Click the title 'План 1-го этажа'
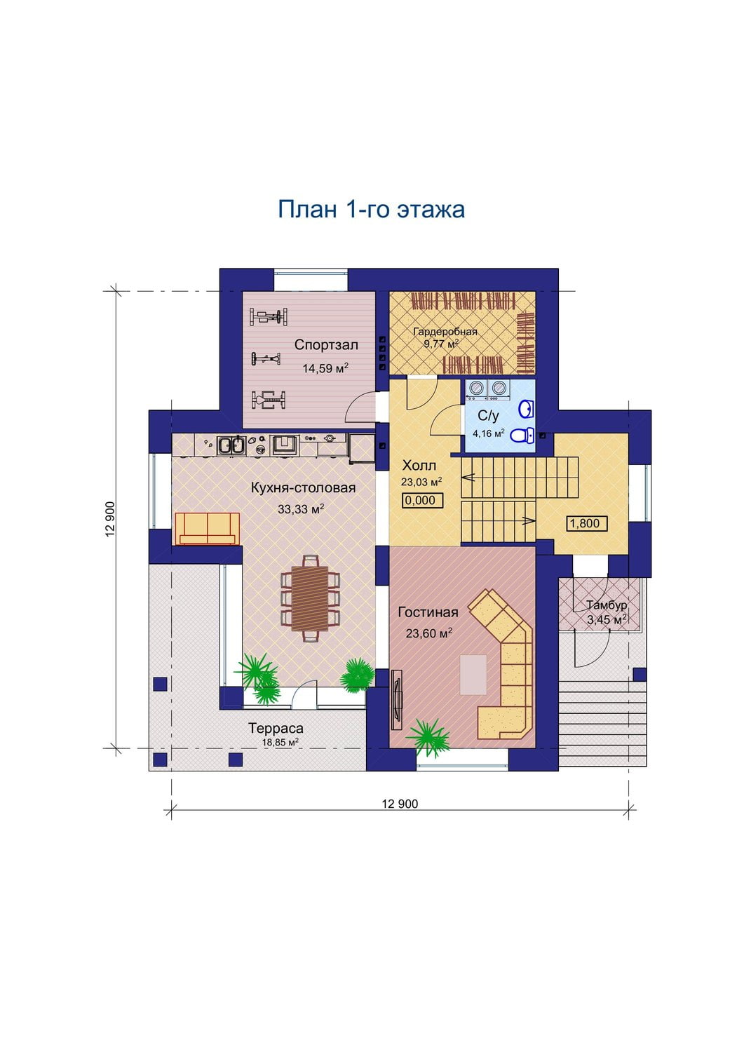pos(371,210)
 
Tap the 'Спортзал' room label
pos(326,345)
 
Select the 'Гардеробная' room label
pos(445,332)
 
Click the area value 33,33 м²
pos(301,509)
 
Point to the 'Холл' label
pos(419,466)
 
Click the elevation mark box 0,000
pos(422,501)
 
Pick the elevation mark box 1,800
pos(587,523)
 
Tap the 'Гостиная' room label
pos(428,612)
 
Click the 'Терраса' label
pos(276,729)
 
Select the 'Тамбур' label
pos(607,605)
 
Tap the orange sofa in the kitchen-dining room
pos(207,529)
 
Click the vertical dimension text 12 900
pos(110,520)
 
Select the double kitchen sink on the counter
pos(231,445)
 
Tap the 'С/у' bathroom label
pos(488,416)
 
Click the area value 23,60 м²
pos(429,633)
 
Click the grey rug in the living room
pos(473,675)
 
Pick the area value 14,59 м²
pos(325,368)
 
